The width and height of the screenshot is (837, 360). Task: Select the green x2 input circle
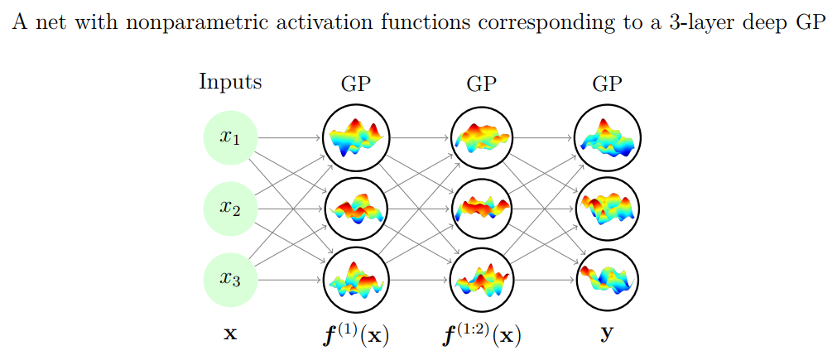(230, 209)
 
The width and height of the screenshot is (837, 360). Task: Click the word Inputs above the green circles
(230, 83)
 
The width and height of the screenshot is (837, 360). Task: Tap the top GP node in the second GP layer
(482, 138)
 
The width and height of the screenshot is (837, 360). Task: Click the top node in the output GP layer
(608, 138)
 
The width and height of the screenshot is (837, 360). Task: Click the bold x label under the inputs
(231, 334)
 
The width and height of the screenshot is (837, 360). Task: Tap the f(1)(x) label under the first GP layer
(355, 334)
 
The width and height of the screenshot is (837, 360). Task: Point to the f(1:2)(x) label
(482, 334)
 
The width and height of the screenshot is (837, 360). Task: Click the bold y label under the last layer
(608, 335)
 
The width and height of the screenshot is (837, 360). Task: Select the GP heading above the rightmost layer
(608, 84)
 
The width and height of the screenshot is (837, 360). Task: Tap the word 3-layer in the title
(706, 23)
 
